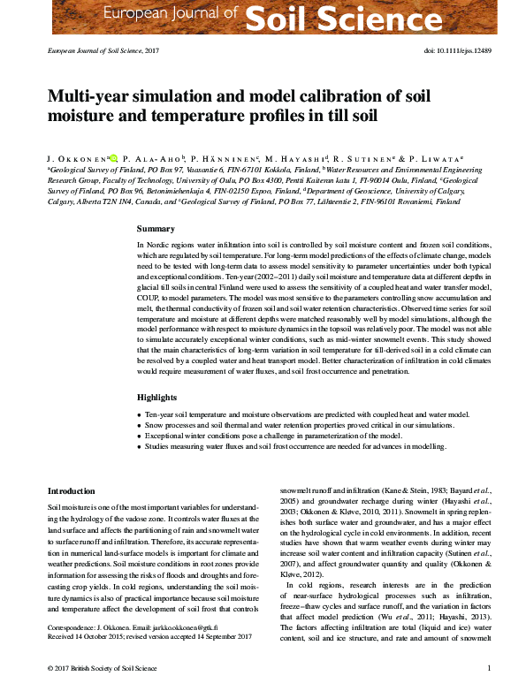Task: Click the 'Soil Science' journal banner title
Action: [x=362, y=16]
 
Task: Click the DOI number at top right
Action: [x=451, y=51]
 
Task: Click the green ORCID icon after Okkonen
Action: [x=114, y=153]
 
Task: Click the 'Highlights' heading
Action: [x=157, y=398]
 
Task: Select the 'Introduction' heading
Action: [x=71, y=490]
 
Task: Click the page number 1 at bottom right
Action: [x=476, y=668]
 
